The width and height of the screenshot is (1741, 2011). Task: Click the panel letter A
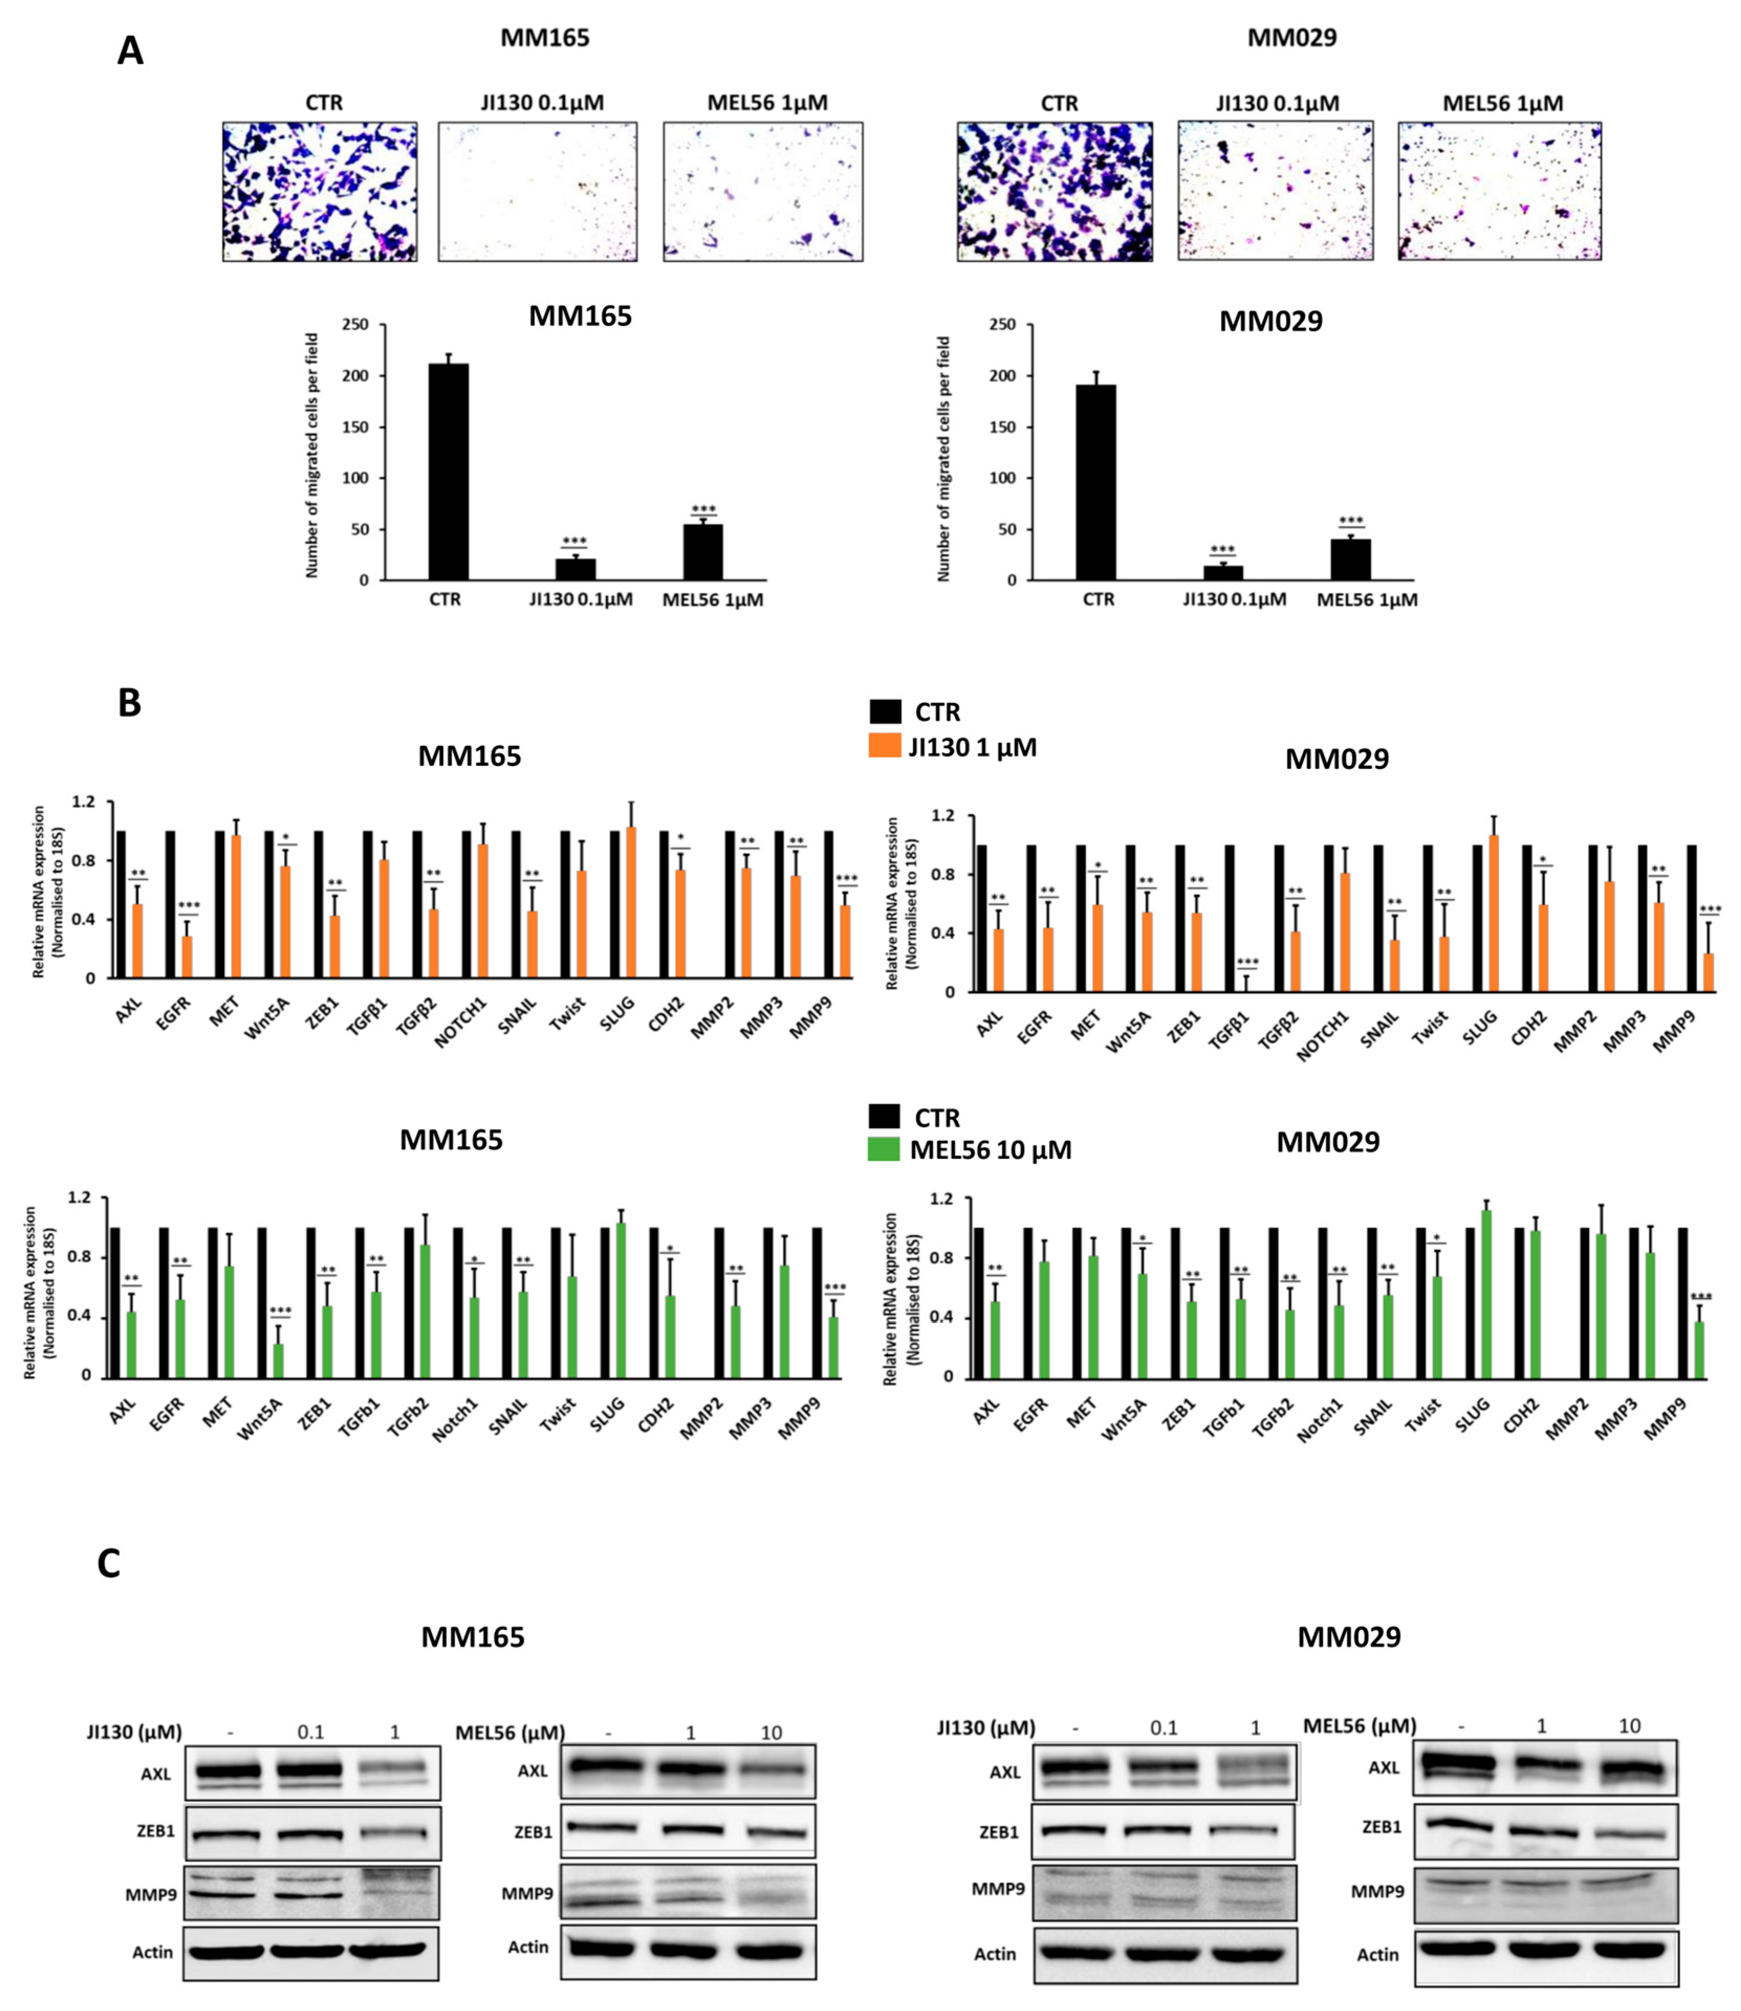pyautogui.click(x=130, y=50)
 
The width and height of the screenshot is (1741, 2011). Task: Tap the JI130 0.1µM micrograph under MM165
pyautogui.click(x=537, y=191)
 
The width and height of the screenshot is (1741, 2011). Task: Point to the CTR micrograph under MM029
pyautogui.click(x=1055, y=191)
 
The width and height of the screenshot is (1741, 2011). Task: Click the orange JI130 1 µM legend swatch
pyautogui.click(x=885, y=746)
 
